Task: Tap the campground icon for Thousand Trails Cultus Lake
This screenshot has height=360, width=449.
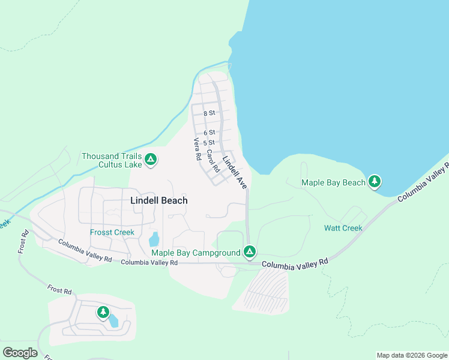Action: click(151, 160)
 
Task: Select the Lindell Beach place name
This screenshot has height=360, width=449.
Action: click(158, 201)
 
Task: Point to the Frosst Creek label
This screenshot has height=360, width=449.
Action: click(112, 232)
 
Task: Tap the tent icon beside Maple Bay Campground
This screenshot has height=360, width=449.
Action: click(250, 251)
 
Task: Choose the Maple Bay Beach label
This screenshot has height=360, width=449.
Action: click(333, 182)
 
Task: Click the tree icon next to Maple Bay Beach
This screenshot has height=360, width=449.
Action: click(375, 181)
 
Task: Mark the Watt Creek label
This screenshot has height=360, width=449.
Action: click(343, 228)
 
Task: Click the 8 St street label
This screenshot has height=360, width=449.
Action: click(209, 113)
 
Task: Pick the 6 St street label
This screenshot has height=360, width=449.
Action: click(209, 133)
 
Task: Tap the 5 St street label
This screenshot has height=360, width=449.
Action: click(209, 143)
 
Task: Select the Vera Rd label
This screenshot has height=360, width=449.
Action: click(196, 149)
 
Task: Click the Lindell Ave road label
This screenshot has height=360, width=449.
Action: click(235, 173)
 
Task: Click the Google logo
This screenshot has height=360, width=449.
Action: click(20, 352)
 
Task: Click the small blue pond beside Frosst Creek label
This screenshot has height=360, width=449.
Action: click(154, 239)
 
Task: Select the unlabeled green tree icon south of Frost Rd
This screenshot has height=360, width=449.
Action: click(103, 312)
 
